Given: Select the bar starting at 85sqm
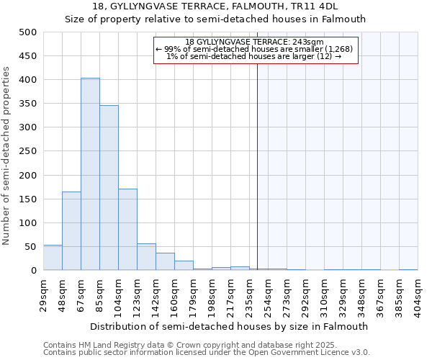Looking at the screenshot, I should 109,188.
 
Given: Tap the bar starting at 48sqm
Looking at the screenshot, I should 71,231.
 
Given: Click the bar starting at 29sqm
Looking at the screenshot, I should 53,258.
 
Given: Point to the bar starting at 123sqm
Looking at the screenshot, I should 146,257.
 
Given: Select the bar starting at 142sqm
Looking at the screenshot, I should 165,262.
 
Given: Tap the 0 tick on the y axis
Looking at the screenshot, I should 33,271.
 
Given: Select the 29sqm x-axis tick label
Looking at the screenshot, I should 43,294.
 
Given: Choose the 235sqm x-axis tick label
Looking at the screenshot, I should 249,294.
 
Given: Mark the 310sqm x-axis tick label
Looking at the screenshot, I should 324,294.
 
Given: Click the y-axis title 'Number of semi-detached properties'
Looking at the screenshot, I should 7,156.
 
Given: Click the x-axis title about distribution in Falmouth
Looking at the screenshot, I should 230,326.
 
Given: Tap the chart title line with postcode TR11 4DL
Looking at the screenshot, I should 215,6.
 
